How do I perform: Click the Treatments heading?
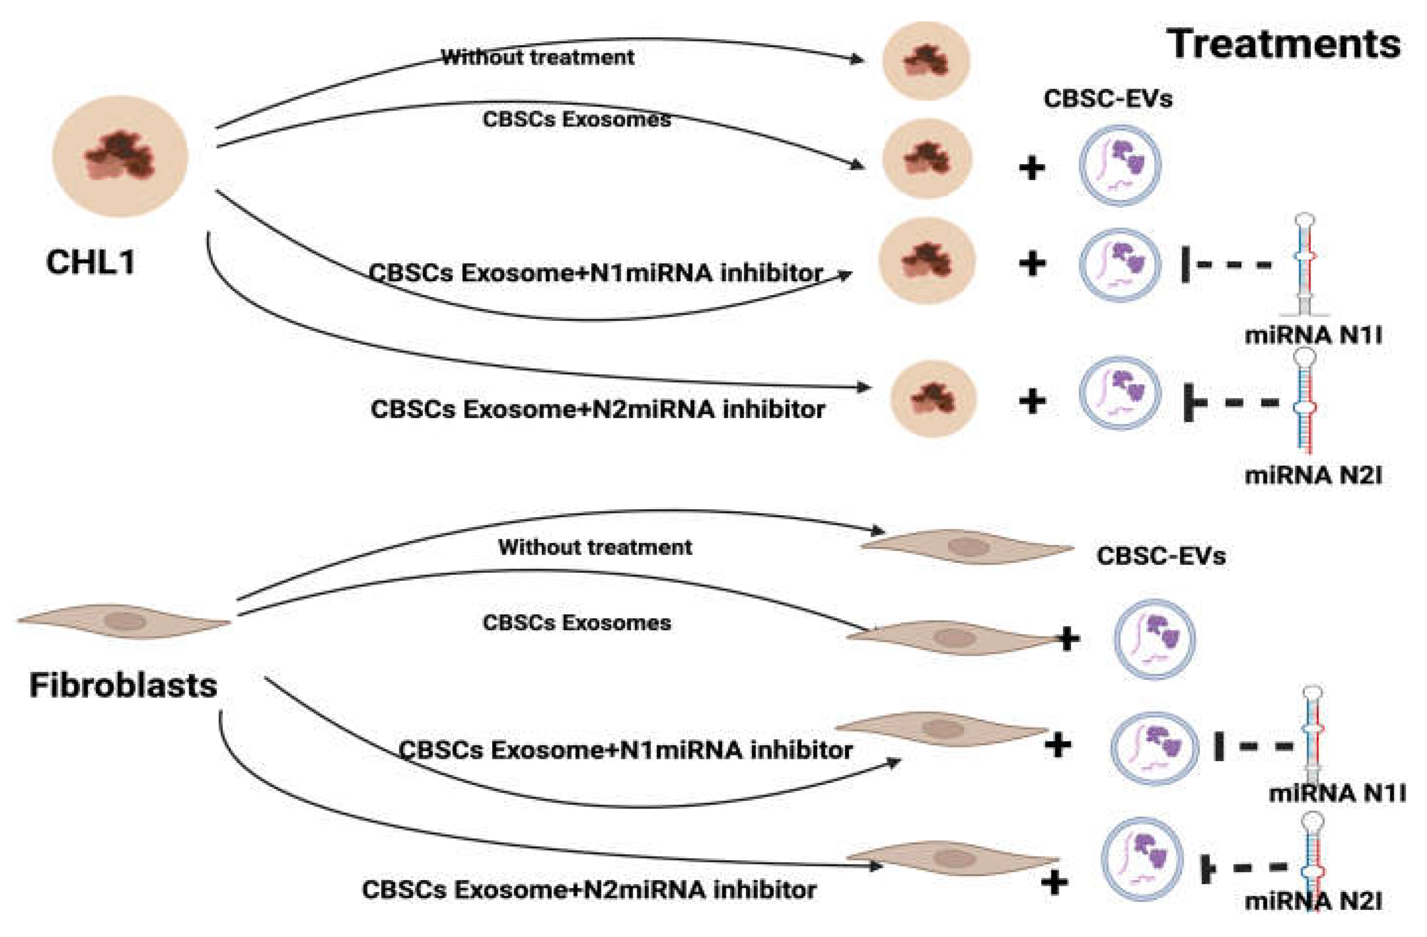[x=1284, y=45]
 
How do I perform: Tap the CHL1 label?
[x=91, y=263]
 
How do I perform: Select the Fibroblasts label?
[x=123, y=686]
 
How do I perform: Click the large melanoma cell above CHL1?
[x=120, y=156]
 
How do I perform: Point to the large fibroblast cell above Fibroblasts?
[x=124, y=621]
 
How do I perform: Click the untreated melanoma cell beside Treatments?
[x=927, y=60]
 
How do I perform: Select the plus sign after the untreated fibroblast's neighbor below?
[x=1067, y=639]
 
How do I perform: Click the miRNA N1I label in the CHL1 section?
[x=1313, y=335]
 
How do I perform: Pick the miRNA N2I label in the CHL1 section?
[x=1313, y=476]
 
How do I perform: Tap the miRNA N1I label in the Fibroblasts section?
[x=1337, y=794]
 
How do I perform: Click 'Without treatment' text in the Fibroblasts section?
[x=595, y=547]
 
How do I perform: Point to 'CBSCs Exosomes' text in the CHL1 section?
[x=576, y=119]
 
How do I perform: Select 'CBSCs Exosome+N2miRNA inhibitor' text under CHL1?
[x=598, y=410]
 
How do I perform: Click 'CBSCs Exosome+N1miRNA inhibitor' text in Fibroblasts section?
[x=625, y=750]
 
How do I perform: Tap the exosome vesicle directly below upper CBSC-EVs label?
[x=1120, y=166]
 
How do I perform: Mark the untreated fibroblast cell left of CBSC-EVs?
[x=967, y=547]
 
